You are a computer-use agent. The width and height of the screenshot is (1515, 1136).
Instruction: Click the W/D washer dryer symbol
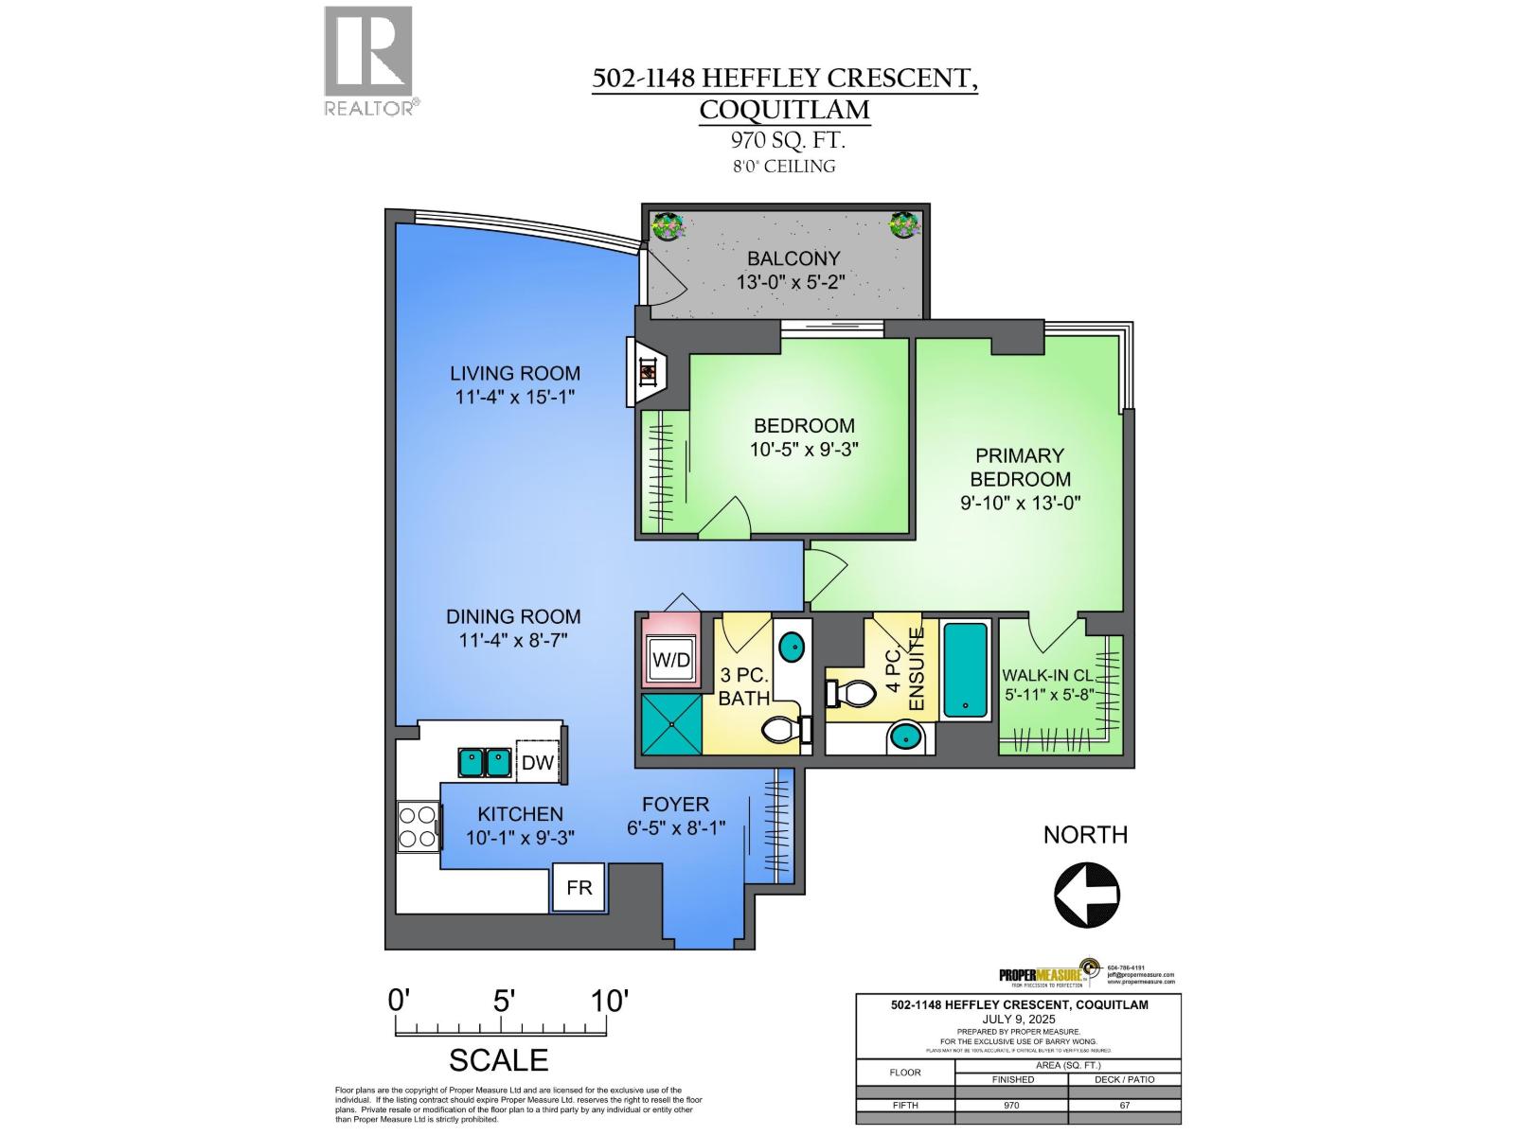click(671, 660)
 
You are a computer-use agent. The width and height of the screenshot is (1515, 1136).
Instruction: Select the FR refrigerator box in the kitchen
click(579, 887)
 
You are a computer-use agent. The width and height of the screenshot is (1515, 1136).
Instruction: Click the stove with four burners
click(418, 826)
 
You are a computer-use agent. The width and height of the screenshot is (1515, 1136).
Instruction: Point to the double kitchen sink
click(484, 761)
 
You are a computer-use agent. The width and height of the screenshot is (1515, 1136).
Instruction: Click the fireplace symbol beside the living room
click(649, 372)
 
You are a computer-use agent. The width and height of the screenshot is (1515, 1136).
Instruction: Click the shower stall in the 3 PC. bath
click(672, 723)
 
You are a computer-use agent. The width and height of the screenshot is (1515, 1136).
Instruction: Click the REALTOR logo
click(368, 60)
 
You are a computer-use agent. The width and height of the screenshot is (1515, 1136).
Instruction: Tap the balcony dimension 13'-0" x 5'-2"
click(790, 282)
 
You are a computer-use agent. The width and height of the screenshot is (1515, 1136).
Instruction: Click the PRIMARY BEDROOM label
click(1020, 467)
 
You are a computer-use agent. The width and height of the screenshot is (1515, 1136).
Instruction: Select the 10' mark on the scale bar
click(609, 1001)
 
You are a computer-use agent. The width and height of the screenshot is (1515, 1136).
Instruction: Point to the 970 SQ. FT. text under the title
click(787, 141)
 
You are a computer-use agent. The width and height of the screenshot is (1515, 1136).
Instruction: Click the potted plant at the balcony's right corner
click(904, 224)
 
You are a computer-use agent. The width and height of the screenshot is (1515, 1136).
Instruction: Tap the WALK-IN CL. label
click(1048, 676)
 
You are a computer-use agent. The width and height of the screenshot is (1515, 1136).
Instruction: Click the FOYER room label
click(675, 805)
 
